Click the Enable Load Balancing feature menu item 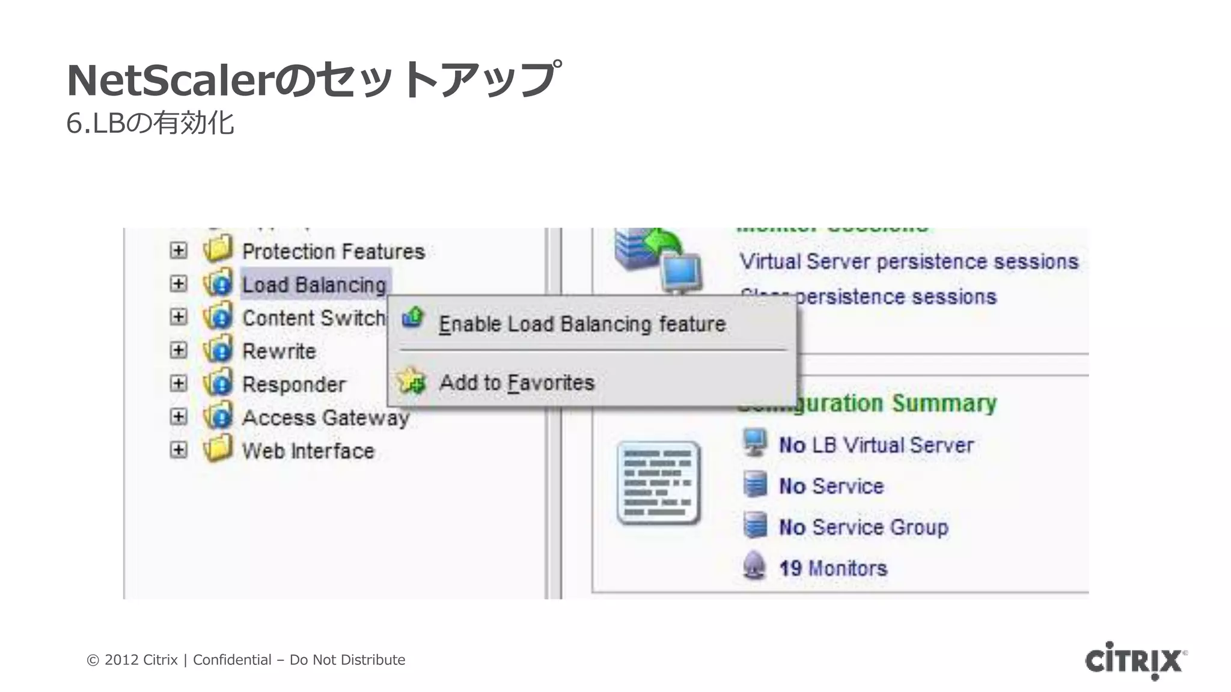582,324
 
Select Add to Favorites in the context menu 516,383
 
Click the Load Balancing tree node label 314,285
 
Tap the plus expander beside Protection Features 179,250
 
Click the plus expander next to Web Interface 179,450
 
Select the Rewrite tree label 279,351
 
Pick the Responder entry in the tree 294,384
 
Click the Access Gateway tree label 325,417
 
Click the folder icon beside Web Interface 218,448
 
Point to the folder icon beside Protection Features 218,249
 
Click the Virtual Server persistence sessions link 908,262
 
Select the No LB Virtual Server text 876,445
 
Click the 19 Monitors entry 832,568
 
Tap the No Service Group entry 863,527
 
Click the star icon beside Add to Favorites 412,381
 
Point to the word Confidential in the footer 232,660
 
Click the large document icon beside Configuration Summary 659,482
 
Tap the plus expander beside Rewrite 179,350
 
